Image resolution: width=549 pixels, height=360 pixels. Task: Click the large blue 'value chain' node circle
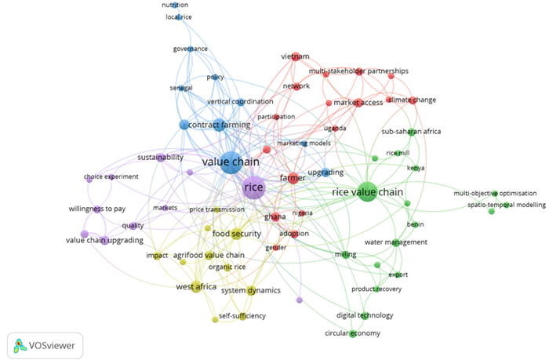coord(231,163)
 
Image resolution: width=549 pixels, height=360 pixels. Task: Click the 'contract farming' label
coord(220,125)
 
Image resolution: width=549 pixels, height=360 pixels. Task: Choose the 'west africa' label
coord(196,287)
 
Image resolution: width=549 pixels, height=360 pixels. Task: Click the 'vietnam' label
coord(296,57)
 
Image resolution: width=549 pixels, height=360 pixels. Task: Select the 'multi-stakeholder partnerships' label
coord(358,71)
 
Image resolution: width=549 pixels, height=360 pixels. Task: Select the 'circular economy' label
coord(353,333)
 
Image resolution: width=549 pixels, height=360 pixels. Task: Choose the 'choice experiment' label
coord(111,176)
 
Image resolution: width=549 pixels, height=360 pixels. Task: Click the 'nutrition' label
coord(175,5)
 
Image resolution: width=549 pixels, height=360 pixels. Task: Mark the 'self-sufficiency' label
coord(242,315)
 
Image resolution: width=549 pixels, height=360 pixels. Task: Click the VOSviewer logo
coord(45,344)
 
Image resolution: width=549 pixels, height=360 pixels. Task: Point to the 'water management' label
coord(396,242)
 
